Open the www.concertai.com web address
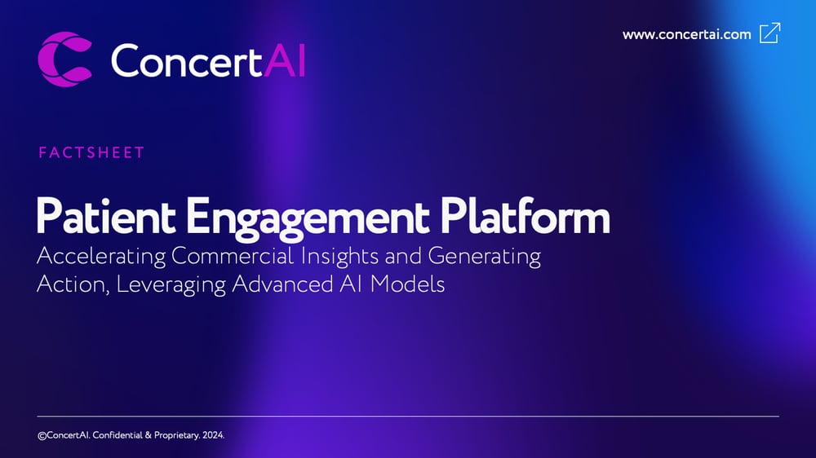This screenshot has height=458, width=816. click(x=686, y=34)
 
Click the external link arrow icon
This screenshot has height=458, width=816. click(x=769, y=33)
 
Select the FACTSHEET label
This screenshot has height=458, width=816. click(x=91, y=152)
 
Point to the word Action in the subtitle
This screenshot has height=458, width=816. click(x=64, y=285)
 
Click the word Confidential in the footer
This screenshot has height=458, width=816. click(x=118, y=436)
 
